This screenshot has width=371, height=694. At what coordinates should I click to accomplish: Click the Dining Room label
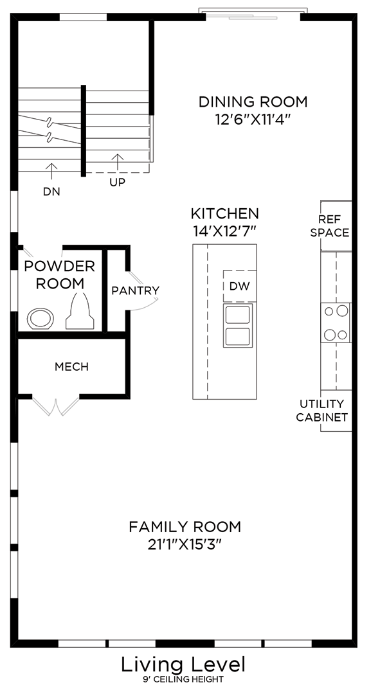253,102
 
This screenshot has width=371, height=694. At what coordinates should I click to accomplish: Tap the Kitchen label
224,213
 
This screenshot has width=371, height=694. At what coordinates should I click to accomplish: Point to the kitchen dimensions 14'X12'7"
224,231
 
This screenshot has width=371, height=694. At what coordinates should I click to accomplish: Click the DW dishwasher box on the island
239,286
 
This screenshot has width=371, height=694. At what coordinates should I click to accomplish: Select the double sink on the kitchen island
238,325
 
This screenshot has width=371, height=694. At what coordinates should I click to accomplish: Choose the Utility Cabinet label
322,411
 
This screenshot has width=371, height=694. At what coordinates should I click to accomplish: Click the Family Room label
185,527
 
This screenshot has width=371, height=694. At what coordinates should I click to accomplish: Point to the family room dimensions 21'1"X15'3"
185,544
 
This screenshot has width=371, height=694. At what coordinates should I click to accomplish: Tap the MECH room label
71,367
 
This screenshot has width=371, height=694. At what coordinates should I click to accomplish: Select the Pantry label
135,290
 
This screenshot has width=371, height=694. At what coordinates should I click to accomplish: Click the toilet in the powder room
80,312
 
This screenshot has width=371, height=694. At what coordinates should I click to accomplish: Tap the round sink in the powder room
42,318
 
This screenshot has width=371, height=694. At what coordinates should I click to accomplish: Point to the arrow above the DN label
51,170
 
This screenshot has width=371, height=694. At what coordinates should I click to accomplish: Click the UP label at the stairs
117,182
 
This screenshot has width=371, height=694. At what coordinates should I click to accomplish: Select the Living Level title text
184,664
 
